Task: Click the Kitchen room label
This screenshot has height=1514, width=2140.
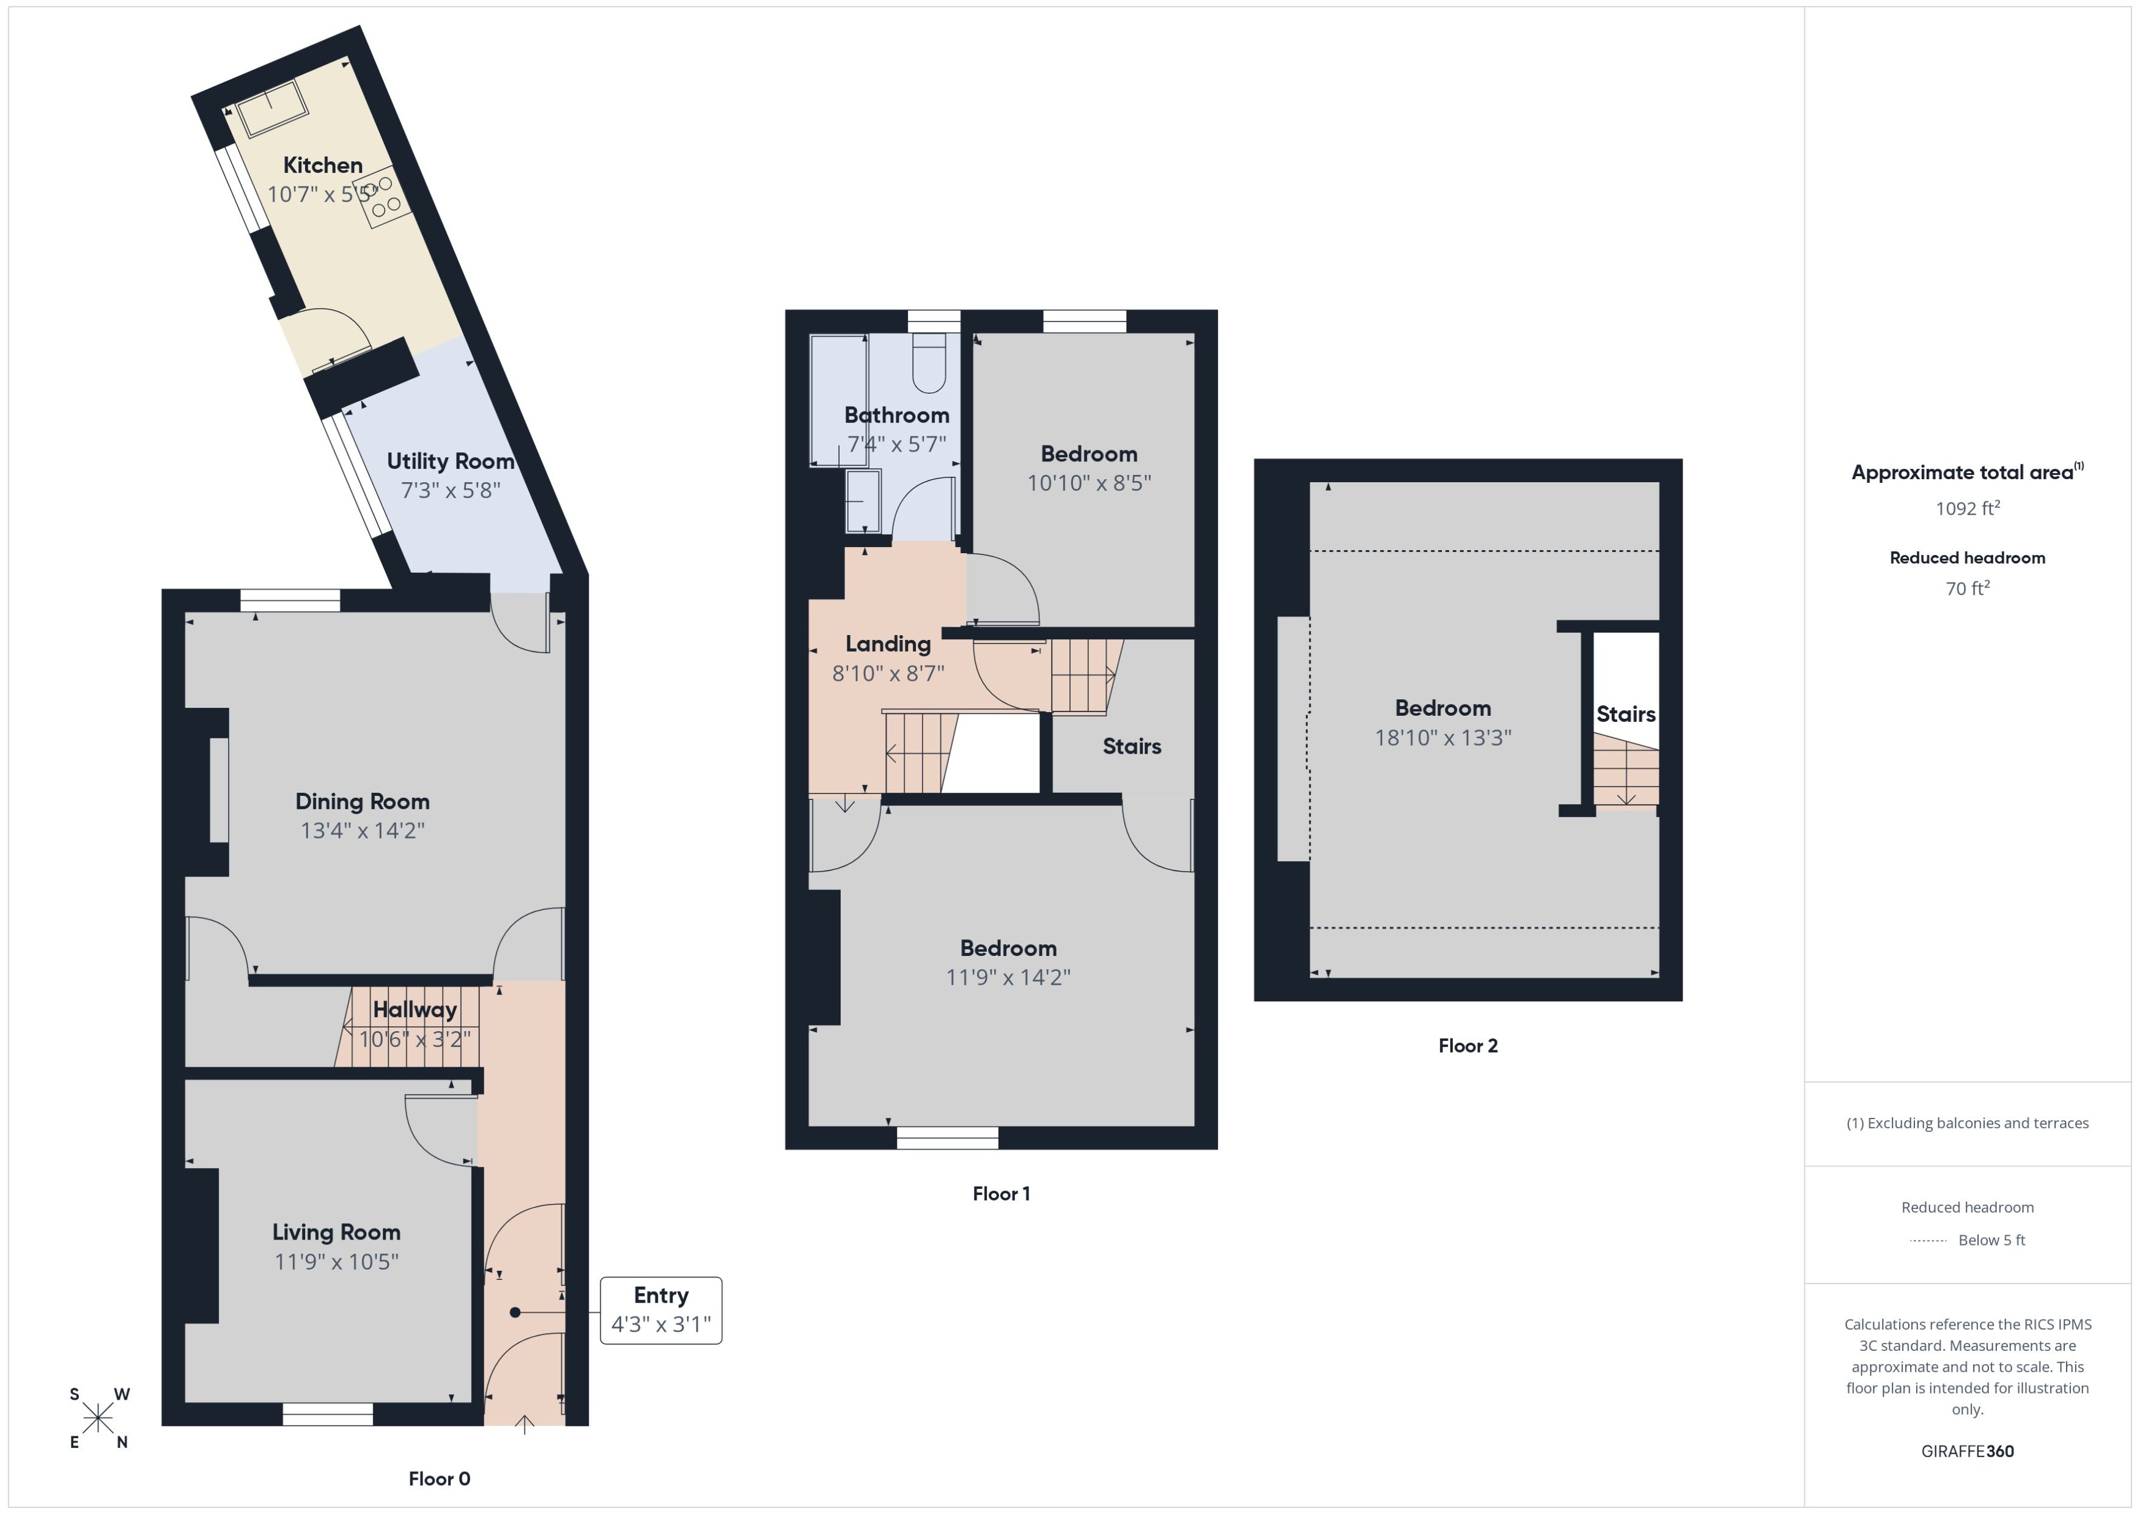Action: coord(323,165)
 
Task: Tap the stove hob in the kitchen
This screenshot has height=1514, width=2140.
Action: coord(384,196)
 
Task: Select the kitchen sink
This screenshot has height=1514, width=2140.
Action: coord(271,108)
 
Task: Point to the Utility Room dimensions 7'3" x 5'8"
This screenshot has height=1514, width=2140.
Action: coord(451,490)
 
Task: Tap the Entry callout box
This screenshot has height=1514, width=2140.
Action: coord(660,1310)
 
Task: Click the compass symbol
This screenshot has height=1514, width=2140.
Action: coord(98,1418)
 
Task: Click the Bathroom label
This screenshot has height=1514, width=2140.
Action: coord(896,415)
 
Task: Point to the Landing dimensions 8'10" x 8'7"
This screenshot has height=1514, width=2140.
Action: coord(888,673)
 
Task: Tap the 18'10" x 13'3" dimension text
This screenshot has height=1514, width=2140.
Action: coord(1442,737)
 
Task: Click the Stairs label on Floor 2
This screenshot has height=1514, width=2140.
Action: coord(1625,714)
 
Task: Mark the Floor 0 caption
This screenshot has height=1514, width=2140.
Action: coord(439,1479)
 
